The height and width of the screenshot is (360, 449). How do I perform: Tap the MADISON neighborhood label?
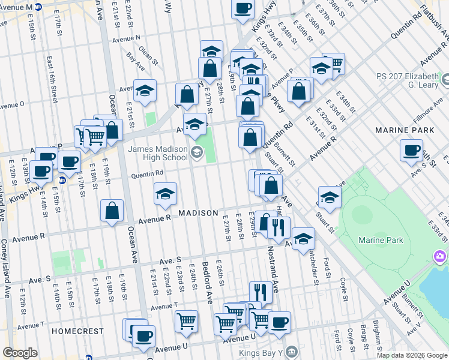point(197,214)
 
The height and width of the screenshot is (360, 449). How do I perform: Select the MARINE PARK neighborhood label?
point(403,130)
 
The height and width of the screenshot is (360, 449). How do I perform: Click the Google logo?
point(20,353)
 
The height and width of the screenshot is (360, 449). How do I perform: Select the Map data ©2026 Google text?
point(412,355)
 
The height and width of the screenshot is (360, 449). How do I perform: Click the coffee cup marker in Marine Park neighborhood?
point(412,150)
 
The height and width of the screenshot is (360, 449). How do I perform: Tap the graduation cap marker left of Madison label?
point(165,194)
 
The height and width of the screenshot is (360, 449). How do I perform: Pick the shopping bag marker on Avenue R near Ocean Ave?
point(112,211)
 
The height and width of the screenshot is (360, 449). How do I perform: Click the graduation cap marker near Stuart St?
point(330,197)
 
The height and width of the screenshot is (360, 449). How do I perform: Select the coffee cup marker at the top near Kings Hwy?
point(242,8)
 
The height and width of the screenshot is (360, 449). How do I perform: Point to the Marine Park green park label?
point(381,240)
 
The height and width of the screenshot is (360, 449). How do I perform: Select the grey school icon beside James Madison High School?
point(196,153)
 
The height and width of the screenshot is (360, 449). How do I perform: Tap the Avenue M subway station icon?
point(38,7)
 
